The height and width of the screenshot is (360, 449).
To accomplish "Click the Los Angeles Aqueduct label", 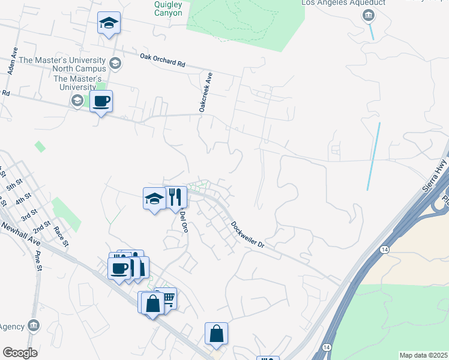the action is [343, 2].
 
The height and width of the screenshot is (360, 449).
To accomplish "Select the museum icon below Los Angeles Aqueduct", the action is [367, 15].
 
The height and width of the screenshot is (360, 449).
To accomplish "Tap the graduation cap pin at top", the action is [109, 23].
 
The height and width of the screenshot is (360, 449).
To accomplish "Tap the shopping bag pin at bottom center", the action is [216, 334].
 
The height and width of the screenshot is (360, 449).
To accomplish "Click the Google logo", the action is [20, 353].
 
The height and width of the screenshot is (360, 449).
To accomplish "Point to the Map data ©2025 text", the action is [423, 355].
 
